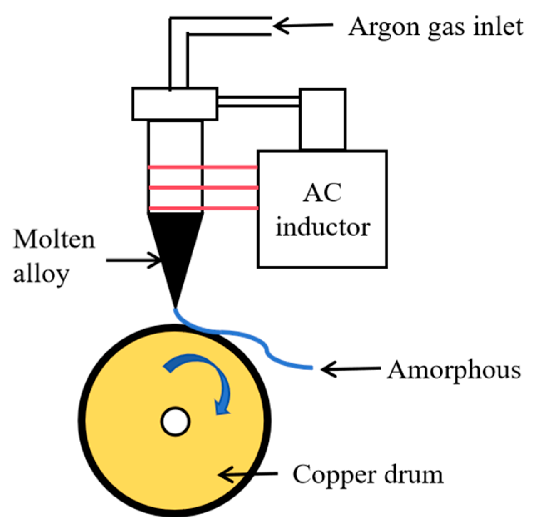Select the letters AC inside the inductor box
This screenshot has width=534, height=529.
[322, 193]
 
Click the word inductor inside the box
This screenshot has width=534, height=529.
[323, 227]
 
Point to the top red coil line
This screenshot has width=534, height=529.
[203, 168]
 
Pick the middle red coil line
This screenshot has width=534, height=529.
[203, 188]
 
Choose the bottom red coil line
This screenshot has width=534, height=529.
[203, 208]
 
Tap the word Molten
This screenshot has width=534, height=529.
[54, 240]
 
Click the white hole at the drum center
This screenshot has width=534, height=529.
[175, 421]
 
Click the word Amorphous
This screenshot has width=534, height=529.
[454, 370]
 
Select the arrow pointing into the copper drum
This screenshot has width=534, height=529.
[248, 474]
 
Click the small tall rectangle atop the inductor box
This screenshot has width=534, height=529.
[322, 119]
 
